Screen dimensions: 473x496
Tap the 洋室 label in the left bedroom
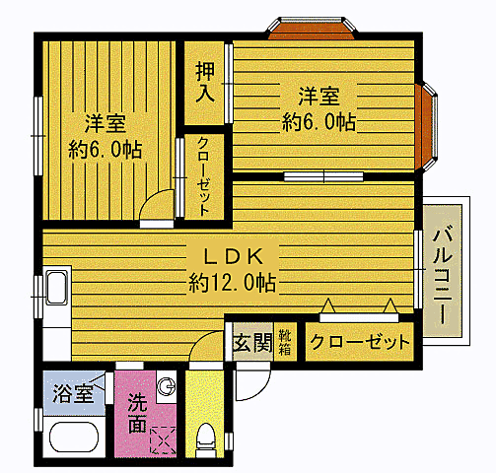click(x=105, y=124)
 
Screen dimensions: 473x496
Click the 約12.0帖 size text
click(x=232, y=283)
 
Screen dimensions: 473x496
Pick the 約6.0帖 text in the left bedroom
click(x=105, y=151)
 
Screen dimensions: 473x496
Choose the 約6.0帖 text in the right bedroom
click(x=319, y=122)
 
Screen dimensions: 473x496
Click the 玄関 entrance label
click(x=251, y=343)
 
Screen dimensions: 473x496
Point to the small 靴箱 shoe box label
click(x=284, y=343)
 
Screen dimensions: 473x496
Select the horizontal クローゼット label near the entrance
click(x=359, y=343)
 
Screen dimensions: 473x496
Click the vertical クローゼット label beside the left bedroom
click(x=202, y=176)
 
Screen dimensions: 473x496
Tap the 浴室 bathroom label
click(x=72, y=394)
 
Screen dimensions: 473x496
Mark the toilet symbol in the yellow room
click(x=206, y=437)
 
